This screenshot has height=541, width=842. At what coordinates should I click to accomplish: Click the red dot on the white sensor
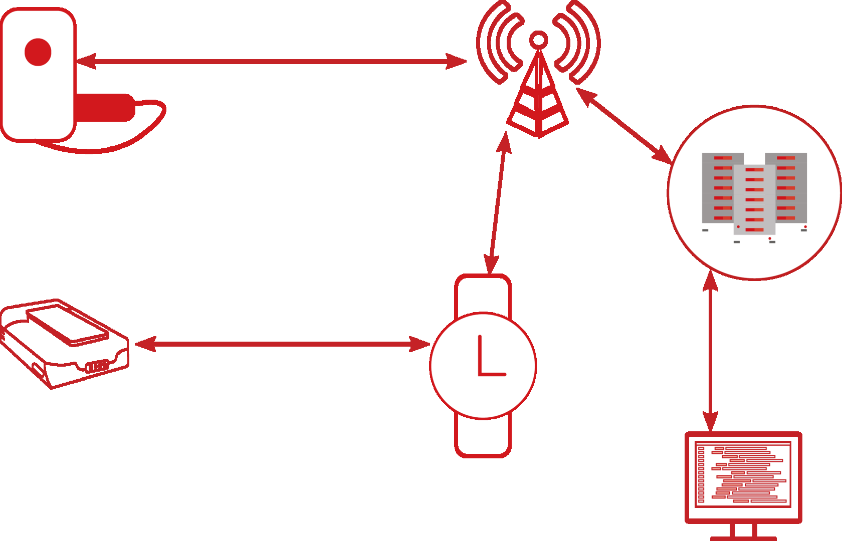click(x=38, y=52)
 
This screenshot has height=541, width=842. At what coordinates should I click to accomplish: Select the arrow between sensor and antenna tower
click(x=271, y=62)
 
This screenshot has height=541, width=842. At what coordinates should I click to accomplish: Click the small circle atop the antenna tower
click(x=538, y=39)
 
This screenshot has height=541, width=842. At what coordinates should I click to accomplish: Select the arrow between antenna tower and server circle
click(x=624, y=125)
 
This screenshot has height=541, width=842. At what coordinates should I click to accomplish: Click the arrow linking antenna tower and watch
click(x=498, y=203)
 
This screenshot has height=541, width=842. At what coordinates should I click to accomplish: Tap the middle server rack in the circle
click(x=754, y=199)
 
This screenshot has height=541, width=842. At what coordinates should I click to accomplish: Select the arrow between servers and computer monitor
click(x=711, y=351)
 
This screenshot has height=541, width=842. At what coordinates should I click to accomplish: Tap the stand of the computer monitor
click(x=743, y=531)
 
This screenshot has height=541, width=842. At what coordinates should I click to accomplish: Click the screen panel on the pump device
click(x=68, y=325)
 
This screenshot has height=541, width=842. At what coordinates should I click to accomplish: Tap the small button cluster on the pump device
click(x=97, y=366)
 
